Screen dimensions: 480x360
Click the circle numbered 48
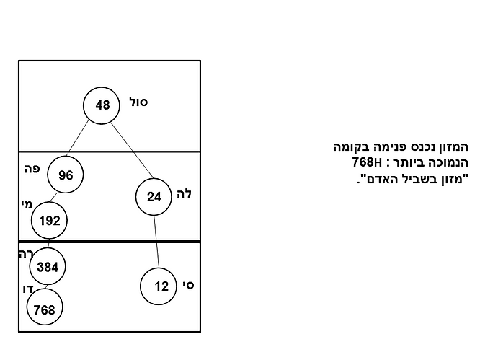(x=102, y=105)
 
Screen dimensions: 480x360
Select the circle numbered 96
(x=66, y=175)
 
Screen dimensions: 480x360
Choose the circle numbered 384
(x=48, y=266)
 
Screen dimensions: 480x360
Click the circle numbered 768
(x=45, y=309)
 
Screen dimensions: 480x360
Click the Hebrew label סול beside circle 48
(x=138, y=102)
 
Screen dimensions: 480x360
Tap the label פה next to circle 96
(x=31, y=169)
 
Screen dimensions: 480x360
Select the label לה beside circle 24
(x=184, y=193)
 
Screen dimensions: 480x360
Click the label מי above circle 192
(x=27, y=204)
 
